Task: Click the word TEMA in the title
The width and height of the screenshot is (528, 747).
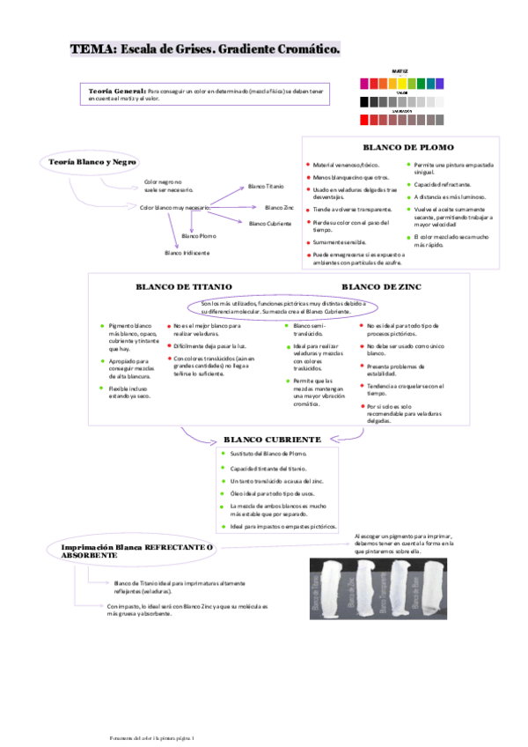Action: pyautogui.click(x=92, y=49)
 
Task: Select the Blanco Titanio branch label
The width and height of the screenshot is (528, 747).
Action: pyautogui.click(x=267, y=187)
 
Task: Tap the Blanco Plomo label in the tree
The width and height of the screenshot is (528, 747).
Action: pyautogui.click(x=199, y=236)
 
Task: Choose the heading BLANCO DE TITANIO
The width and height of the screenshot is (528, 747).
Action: pyautogui.click(x=183, y=287)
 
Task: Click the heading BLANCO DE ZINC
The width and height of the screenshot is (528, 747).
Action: pyautogui.click(x=381, y=287)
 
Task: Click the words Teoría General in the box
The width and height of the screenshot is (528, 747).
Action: pyautogui.click(x=118, y=90)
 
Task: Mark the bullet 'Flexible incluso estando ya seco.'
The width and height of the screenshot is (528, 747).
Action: pyautogui.click(x=129, y=392)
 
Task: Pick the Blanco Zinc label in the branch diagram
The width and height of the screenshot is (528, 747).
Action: pyautogui.click(x=279, y=208)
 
